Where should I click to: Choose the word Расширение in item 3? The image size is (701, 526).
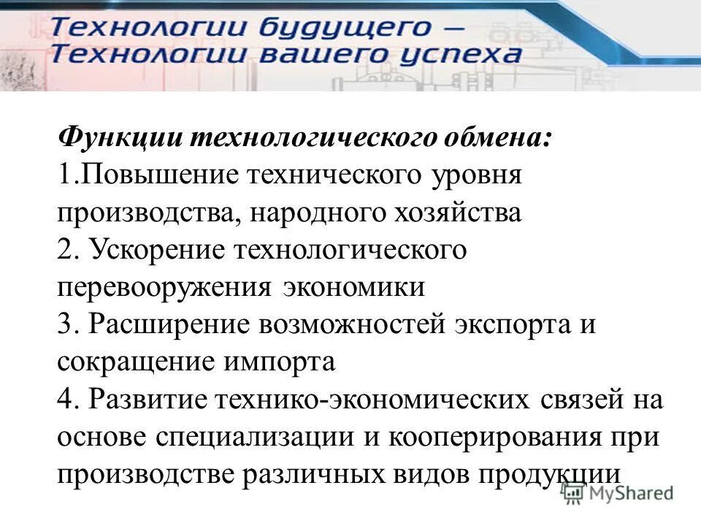coord(166,324)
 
